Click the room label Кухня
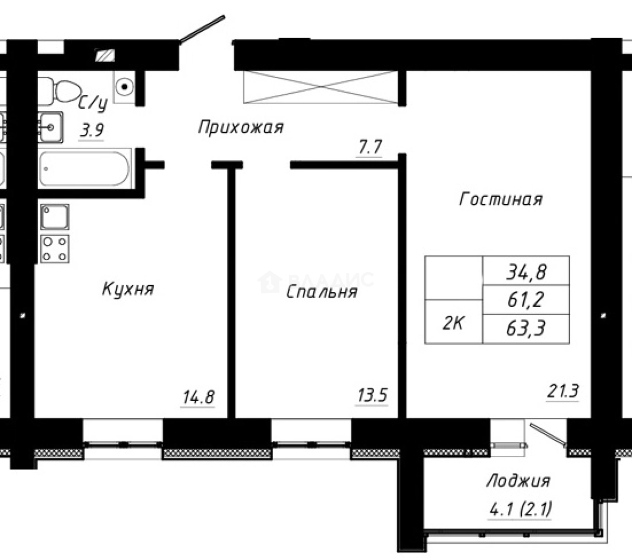click(x=128, y=289)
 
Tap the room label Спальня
click(x=321, y=292)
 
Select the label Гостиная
click(x=501, y=199)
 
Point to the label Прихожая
click(x=241, y=128)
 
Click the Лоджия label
click(x=517, y=482)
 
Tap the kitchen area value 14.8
click(x=198, y=398)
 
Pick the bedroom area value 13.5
click(x=372, y=396)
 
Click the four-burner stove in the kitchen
click(x=55, y=248)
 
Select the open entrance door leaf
click(x=202, y=29)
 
